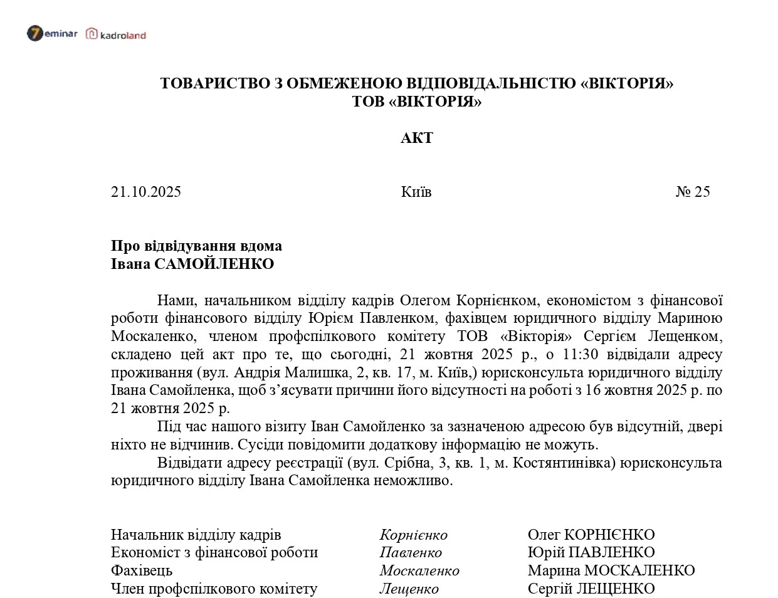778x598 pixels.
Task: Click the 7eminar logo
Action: click(52, 33)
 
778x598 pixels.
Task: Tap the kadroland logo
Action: click(116, 34)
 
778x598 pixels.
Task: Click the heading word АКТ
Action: click(417, 138)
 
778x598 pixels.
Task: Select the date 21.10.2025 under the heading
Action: click(146, 192)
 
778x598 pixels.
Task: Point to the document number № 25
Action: click(693, 192)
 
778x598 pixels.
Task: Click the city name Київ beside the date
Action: click(416, 192)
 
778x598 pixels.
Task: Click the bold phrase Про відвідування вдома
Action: click(196, 246)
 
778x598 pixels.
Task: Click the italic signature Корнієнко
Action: click(413, 535)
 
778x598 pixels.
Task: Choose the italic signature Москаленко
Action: click(419, 571)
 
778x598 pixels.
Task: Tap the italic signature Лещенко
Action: click(409, 589)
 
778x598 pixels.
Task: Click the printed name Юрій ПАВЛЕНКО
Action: click(591, 552)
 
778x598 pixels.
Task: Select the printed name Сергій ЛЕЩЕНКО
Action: click(591, 589)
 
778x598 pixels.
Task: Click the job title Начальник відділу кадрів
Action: click(196, 535)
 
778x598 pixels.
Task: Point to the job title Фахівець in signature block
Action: click(142, 571)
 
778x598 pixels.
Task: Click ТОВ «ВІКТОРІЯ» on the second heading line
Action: click(417, 102)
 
